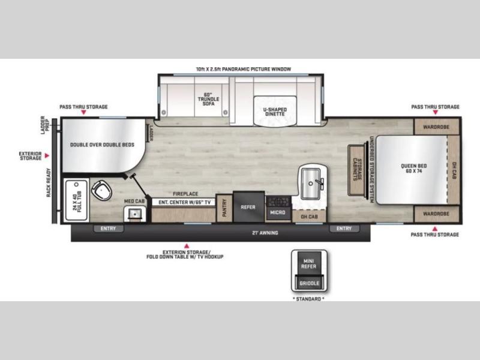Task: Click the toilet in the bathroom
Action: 101,190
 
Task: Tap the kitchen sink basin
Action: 311,184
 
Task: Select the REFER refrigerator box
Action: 248,207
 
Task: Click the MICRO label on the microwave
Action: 278,212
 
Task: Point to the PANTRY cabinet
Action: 224,208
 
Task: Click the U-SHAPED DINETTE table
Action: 275,111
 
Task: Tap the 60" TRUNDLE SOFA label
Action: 208,99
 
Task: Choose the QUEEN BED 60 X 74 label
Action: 413,168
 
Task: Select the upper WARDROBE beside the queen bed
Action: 436,127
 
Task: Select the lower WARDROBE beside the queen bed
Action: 436,214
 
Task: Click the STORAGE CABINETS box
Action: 356,170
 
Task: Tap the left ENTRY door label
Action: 109,229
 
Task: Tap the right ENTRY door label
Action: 344,229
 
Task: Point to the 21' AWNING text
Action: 265,233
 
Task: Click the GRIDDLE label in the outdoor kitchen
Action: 309,283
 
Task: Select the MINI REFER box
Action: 309,263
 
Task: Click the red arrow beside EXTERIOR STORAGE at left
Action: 47,155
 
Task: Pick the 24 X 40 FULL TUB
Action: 77,200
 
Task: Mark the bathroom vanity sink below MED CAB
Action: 135,214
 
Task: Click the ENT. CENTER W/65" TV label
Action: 184,202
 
